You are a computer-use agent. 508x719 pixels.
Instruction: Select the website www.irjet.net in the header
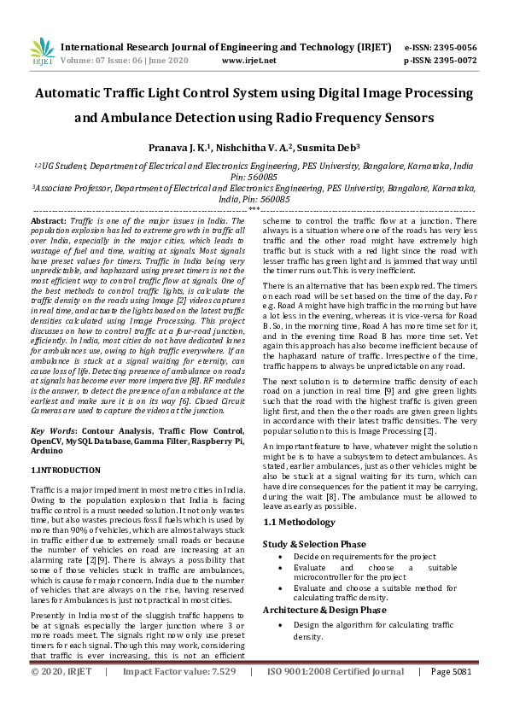click(248, 61)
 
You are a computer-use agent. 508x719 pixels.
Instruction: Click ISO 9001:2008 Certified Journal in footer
click(336, 696)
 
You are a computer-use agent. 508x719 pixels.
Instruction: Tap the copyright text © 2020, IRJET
click(61, 696)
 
